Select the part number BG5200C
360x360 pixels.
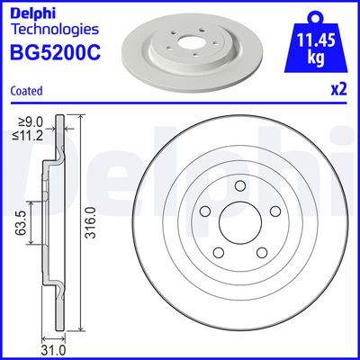click(52, 52)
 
